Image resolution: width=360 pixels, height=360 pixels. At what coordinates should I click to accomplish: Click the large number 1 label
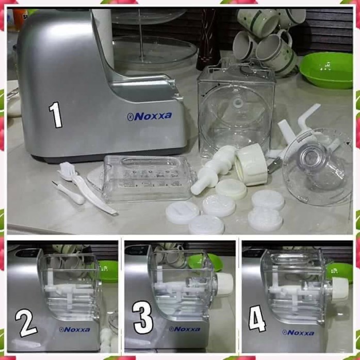[56, 114]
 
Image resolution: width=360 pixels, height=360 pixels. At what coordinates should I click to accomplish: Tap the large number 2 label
[26, 322]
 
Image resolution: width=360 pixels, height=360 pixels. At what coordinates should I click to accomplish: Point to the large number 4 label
[257, 318]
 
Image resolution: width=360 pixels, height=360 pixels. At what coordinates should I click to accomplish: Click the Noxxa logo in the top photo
[150, 117]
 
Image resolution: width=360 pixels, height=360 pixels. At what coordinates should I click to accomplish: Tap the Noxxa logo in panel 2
[74, 330]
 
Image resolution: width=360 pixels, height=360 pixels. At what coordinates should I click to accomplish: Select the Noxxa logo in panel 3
[185, 329]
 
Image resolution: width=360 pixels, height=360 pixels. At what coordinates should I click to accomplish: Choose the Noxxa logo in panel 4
[298, 333]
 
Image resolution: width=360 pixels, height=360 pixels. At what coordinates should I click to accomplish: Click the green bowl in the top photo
[326, 70]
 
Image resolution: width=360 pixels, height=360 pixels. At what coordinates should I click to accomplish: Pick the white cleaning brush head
[67, 170]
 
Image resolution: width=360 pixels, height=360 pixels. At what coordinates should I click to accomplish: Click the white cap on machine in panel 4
[339, 288]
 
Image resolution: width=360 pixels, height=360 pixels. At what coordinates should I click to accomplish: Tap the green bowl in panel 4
[339, 272]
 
